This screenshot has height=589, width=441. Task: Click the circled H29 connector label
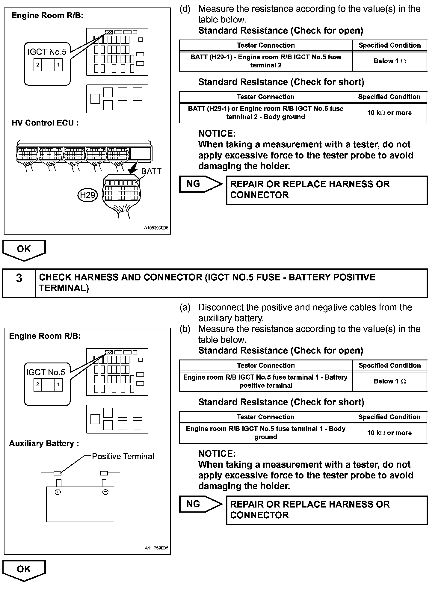87,195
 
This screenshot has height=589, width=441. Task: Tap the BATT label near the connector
151,171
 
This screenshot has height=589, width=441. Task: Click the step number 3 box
19,278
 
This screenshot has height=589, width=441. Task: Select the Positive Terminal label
123,456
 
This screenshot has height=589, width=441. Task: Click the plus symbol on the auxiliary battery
58,492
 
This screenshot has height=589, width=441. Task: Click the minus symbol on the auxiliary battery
105,492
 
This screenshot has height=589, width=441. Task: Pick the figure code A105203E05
156,228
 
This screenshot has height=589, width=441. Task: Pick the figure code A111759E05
156,548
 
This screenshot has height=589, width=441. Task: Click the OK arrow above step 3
24,249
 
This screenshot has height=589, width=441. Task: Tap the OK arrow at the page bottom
24,570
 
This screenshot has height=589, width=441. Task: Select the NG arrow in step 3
200,504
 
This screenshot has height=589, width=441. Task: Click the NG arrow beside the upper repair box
200,184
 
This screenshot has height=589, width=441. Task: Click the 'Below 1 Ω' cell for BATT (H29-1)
389,61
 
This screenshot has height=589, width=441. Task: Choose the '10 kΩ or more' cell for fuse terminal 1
389,433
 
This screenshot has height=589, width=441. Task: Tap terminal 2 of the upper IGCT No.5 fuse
38,65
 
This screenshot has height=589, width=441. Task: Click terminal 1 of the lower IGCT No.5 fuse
58,385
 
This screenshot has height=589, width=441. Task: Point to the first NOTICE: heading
217,134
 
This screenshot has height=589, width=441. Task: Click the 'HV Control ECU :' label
45,123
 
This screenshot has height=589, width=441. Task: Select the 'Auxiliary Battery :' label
44,443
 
